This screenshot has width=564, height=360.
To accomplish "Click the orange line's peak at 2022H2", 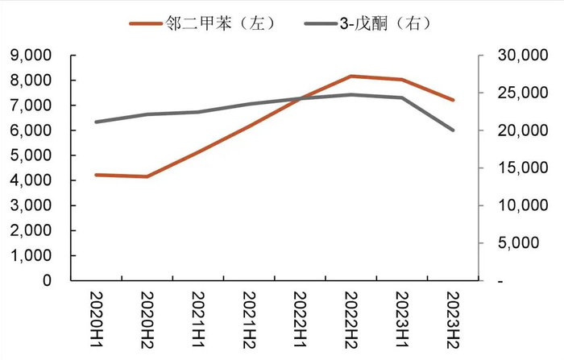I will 350,76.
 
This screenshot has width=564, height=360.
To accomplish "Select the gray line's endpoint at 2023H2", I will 453,130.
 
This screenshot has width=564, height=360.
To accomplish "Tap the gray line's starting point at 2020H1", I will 96,122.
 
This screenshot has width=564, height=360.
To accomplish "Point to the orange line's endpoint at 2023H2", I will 453,100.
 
